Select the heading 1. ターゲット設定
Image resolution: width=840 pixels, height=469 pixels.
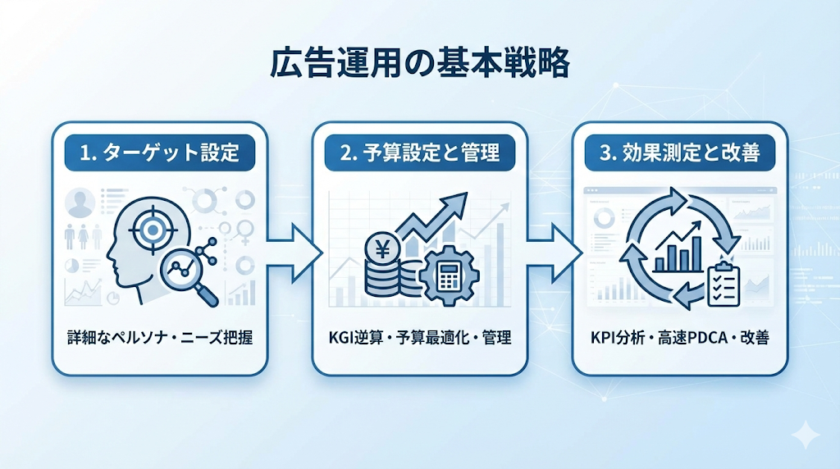tap(160, 153)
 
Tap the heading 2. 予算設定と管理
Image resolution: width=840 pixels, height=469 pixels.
tap(419, 153)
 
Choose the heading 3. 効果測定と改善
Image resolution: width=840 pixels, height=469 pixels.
tap(679, 153)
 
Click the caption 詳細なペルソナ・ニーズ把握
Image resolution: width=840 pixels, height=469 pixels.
tap(160, 337)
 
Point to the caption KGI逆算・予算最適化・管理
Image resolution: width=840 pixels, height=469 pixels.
tap(419, 337)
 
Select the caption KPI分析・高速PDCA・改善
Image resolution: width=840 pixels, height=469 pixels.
tap(679, 337)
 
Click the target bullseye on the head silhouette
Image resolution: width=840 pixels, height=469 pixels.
tap(150, 231)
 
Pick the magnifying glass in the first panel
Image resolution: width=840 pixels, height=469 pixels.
tap(190, 273)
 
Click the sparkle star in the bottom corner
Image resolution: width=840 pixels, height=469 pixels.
tap(806, 435)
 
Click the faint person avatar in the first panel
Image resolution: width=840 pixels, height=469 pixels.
tap(80, 203)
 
